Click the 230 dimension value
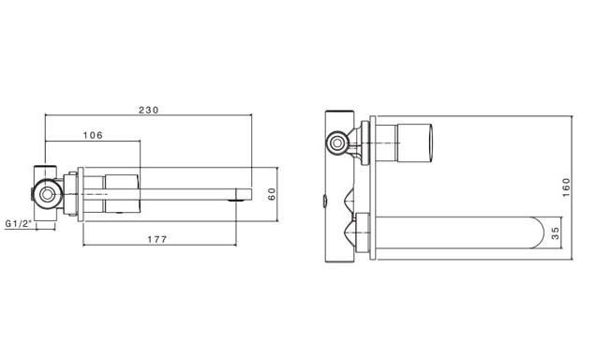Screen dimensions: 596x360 click(148, 111)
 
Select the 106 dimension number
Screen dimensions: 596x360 click(93, 135)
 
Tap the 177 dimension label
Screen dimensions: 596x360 click(157, 239)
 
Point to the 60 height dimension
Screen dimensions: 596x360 click(272, 194)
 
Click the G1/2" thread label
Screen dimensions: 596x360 click(18, 223)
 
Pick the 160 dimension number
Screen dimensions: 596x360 click(566, 187)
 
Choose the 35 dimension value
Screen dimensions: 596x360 click(556, 233)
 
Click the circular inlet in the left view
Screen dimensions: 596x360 click(47, 195)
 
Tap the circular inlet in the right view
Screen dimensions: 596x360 click(336, 143)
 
